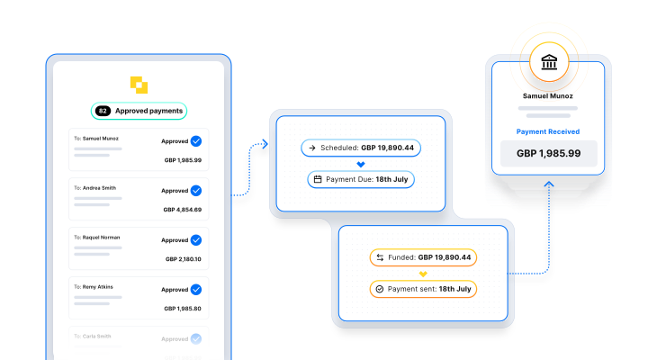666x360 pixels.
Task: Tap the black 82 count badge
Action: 103,112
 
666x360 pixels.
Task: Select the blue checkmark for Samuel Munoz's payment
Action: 195,141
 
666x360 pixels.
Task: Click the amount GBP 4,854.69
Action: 183,210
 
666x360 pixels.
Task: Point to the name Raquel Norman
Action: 101,238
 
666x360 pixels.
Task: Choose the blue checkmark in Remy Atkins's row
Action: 195,290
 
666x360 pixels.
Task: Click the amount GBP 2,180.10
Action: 184,259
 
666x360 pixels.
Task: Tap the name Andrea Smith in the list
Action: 100,188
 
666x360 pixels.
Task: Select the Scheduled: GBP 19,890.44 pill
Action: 361,147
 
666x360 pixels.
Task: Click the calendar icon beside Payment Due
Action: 318,179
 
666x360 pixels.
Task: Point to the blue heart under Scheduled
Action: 361,164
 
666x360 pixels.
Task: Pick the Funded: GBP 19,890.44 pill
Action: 423,257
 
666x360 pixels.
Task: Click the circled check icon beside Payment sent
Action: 380,289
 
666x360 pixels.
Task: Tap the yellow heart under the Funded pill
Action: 423,274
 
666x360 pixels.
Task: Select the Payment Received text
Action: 548,131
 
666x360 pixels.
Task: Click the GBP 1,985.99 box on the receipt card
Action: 548,154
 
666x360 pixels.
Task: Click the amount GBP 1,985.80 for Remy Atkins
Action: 184,309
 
